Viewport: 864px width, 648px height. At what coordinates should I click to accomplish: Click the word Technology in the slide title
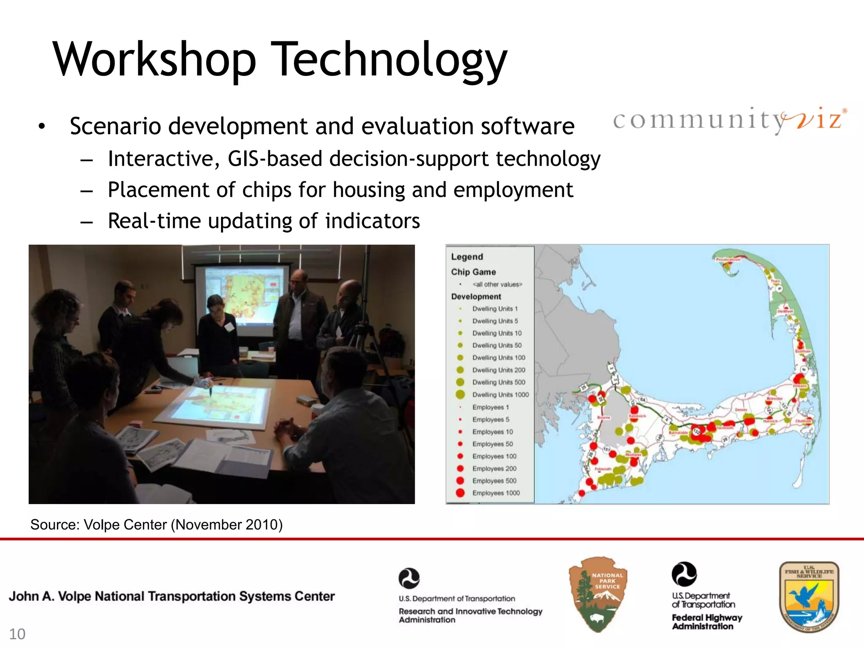(x=391, y=60)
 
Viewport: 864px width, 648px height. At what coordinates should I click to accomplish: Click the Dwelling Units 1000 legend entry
(x=500, y=394)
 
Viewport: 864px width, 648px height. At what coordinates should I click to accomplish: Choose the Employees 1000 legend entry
(x=496, y=493)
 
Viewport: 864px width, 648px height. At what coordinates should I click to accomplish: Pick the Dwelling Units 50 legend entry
(x=497, y=345)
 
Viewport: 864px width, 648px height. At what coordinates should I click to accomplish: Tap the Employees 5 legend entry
(x=491, y=419)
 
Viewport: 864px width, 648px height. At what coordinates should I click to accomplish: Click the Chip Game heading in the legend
(x=473, y=272)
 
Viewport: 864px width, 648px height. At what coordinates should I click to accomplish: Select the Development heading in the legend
(x=476, y=297)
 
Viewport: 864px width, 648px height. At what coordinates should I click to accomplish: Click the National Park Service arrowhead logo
(x=598, y=594)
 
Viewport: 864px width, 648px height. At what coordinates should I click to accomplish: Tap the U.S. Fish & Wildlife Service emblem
(x=809, y=597)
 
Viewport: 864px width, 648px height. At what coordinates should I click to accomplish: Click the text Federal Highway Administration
(x=707, y=622)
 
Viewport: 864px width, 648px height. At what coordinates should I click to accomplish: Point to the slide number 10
(x=17, y=634)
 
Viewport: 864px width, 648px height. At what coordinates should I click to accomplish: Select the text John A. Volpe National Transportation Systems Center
(x=172, y=596)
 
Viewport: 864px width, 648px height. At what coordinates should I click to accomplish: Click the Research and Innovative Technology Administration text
(x=470, y=615)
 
